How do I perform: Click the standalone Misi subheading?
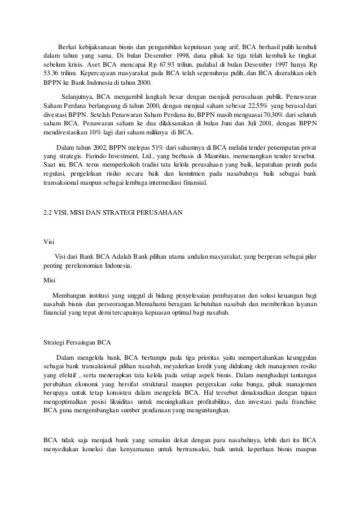pos(50,279)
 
